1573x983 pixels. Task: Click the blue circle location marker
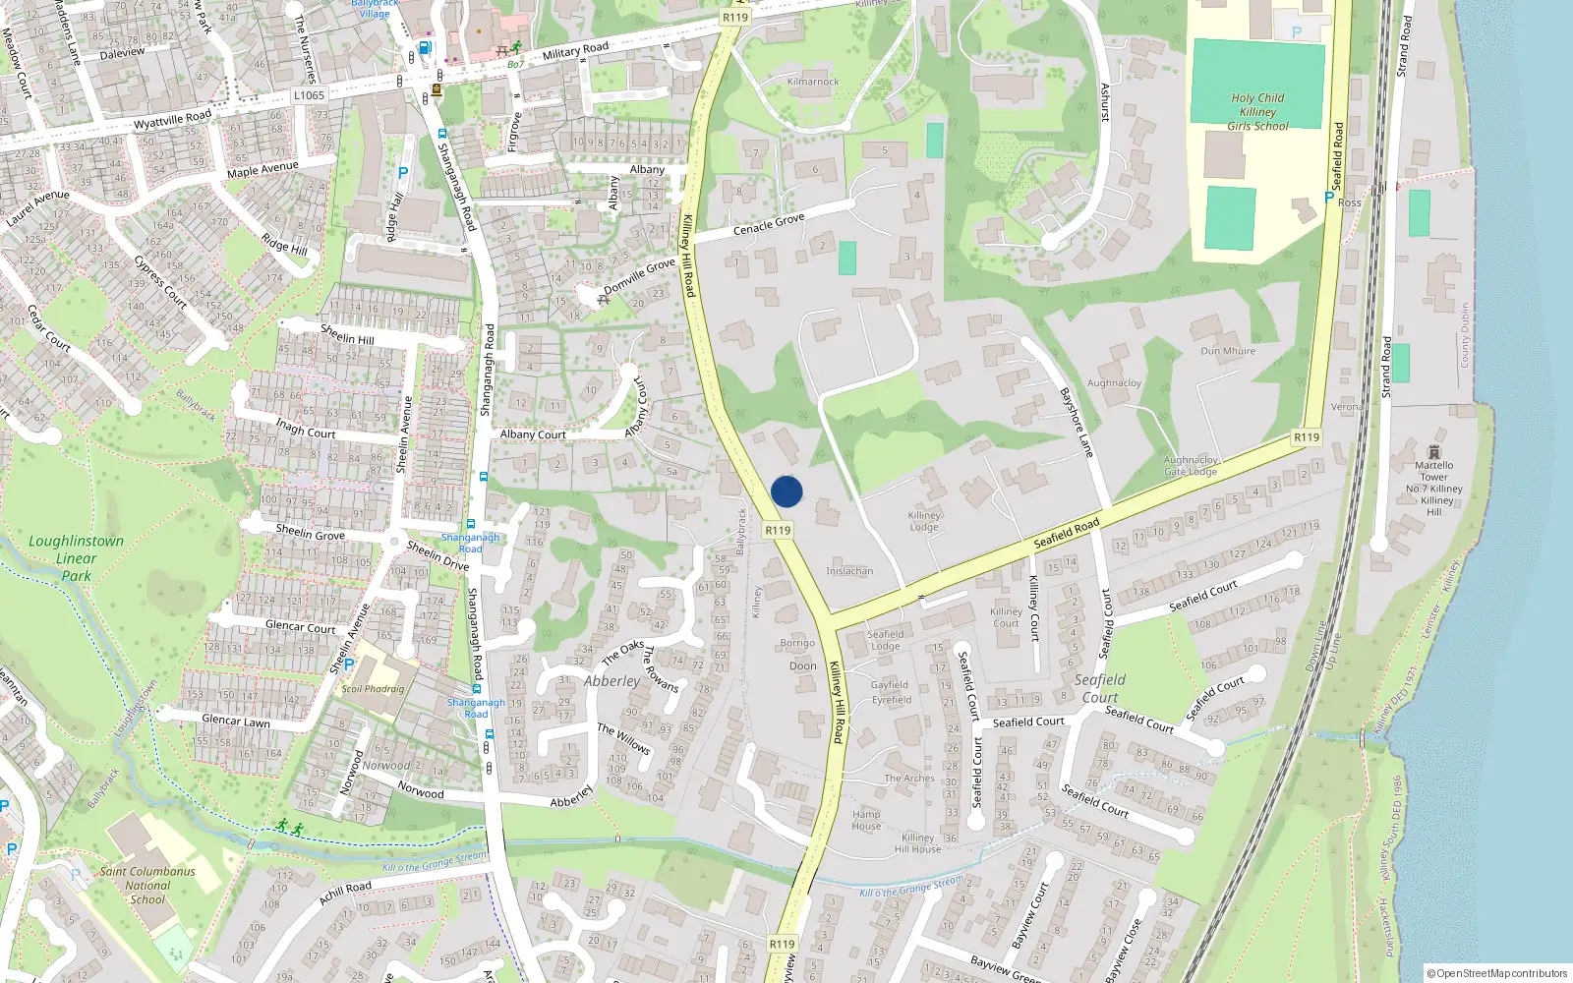pos(786,491)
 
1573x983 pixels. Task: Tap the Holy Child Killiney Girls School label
pos(1257,111)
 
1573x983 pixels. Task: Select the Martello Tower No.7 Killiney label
pos(1433,483)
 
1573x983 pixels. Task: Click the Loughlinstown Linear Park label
pos(76,557)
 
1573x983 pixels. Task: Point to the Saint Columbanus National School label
pos(147,885)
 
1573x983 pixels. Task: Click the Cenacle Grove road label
pos(769,224)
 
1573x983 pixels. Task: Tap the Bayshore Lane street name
pos(1077,422)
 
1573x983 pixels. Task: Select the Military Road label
pos(575,50)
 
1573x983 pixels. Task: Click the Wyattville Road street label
pos(172,121)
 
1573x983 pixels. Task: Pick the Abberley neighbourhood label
pos(612,680)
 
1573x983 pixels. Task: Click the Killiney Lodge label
pos(924,520)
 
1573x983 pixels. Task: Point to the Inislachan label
pos(849,570)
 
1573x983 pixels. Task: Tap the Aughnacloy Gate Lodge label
pos(1191,465)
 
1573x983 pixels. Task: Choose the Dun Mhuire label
pos(1228,350)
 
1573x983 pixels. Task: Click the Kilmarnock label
pos(813,82)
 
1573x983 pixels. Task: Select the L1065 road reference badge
pos(309,95)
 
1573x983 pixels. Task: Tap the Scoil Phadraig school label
pos(373,688)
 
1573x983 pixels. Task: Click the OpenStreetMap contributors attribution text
pos(1497,973)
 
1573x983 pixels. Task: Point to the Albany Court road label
pos(533,434)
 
